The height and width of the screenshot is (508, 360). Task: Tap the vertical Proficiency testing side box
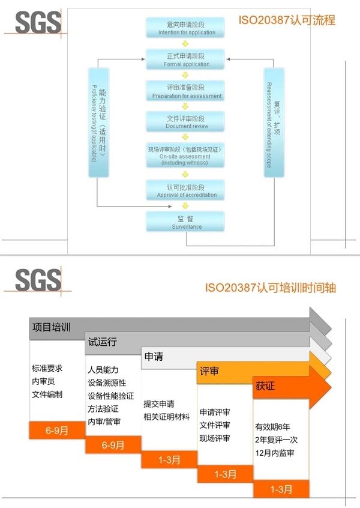[x=98, y=123]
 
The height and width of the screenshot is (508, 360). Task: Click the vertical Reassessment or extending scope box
[x=274, y=123]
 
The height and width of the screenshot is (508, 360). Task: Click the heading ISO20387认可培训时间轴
[x=270, y=288]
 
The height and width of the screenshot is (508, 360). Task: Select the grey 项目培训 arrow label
[x=51, y=328]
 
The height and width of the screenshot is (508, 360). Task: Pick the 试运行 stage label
[x=103, y=342]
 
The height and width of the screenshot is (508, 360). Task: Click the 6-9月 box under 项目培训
[x=57, y=430]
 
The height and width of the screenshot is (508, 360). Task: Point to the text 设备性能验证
[x=112, y=396]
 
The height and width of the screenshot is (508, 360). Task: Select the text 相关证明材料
[x=166, y=417]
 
